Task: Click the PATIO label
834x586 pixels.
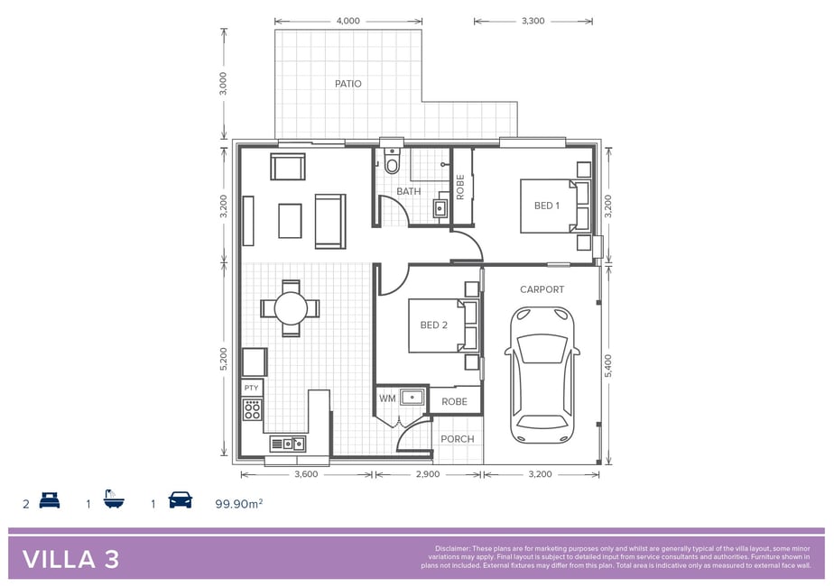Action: (x=347, y=84)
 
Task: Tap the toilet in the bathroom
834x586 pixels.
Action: (x=392, y=160)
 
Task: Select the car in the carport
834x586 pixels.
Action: (x=542, y=374)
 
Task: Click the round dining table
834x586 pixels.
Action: (x=291, y=308)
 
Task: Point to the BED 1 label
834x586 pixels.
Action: (x=547, y=206)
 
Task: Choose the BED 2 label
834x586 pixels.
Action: (x=433, y=325)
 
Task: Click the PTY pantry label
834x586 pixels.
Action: (x=251, y=388)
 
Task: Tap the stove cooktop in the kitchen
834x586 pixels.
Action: (x=252, y=409)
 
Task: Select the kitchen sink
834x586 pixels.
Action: (x=287, y=444)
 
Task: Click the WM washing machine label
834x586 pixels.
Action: (x=387, y=398)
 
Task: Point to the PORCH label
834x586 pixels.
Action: (x=457, y=439)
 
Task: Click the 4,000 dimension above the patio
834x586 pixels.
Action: (x=347, y=22)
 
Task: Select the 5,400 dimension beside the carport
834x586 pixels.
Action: (x=608, y=366)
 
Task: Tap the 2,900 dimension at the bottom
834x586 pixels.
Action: (x=428, y=474)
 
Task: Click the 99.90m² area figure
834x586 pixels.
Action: (x=239, y=504)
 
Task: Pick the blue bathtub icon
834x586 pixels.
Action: (x=114, y=499)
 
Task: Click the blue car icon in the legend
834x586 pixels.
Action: (x=181, y=500)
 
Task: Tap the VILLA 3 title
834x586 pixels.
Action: (x=70, y=560)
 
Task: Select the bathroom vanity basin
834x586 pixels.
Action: (x=440, y=207)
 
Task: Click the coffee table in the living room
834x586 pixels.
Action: (x=290, y=221)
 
